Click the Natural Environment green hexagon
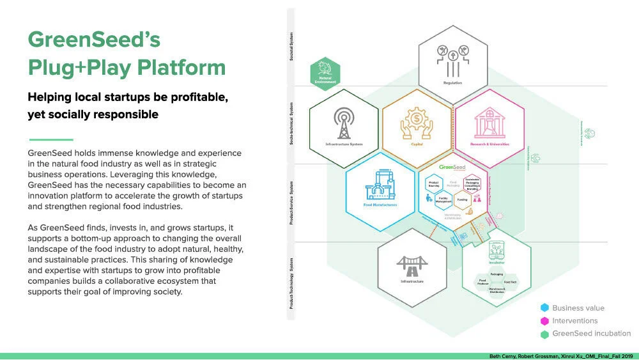tap(325, 74)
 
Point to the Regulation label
tap(452, 82)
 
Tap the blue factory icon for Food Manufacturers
tap(381, 185)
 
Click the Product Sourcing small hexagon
tap(433, 184)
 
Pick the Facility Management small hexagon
tap(447, 200)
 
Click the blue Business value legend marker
tap(544, 308)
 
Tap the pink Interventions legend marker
tap(544, 321)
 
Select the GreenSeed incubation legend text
tap(591, 333)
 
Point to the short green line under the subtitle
tap(51, 139)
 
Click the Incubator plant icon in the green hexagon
tap(497, 249)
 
